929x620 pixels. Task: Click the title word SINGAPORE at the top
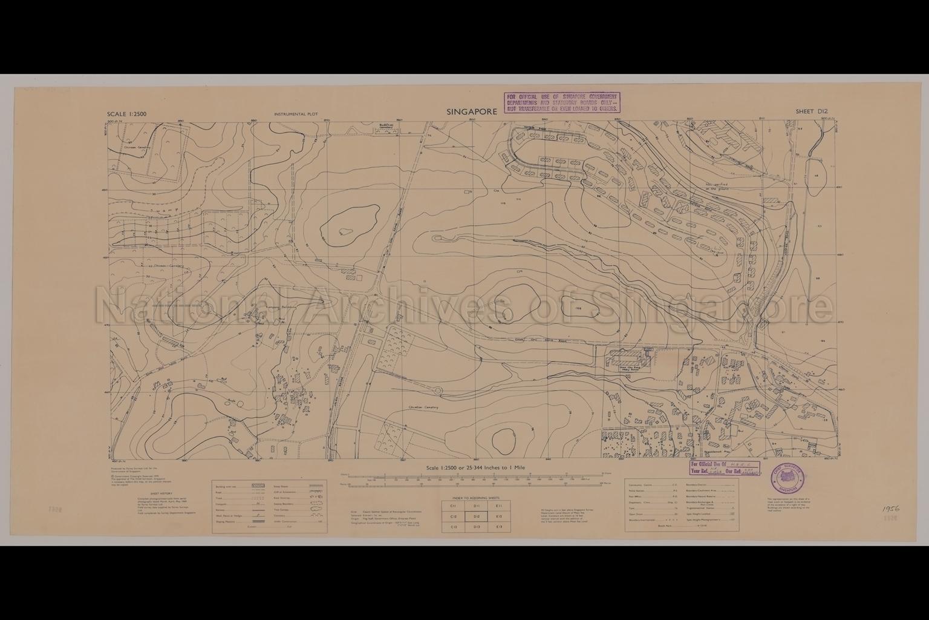pyautogui.click(x=471, y=111)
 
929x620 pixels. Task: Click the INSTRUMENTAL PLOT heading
pyautogui.click(x=296, y=114)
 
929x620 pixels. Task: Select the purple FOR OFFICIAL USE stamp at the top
pyautogui.click(x=562, y=103)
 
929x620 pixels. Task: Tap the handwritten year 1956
pyautogui.click(x=891, y=509)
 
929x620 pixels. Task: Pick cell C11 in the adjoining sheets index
pyautogui.click(x=454, y=505)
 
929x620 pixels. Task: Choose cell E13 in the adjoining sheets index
pyautogui.click(x=499, y=527)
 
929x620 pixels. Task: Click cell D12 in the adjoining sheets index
pyautogui.click(x=477, y=516)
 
